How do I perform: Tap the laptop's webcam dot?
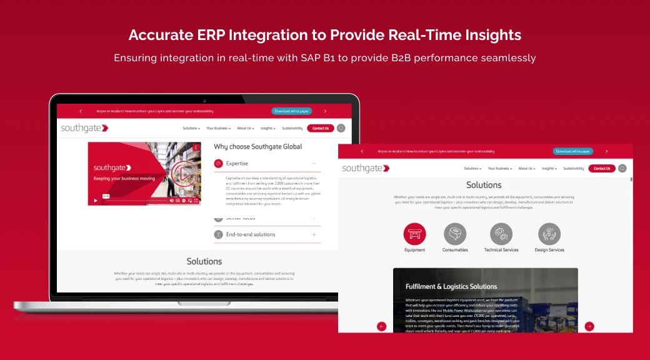[x=204, y=100]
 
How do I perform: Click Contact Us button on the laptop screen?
[x=320, y=128]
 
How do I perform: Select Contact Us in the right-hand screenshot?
[x=601, y=168]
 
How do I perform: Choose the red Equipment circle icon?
[x=414, y=234]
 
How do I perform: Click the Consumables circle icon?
[x=455, y=234]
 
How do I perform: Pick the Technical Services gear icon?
[x=501, y=234]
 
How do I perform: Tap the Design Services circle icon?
[x=549, y=234]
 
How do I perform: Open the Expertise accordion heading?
[x=237, y=164]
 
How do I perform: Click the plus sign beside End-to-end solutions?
[x=314, y=234]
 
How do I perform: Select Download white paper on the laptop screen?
[x=292, y=111]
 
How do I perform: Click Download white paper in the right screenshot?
[x=572, y=151]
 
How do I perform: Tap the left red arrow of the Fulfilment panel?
[x=382, y=326]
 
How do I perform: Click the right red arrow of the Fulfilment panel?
[x=589, y=326]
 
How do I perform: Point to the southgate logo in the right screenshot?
[x=366, y=168]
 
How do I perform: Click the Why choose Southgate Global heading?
[x=257, y=147]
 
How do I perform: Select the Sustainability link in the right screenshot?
[x=573, y=168]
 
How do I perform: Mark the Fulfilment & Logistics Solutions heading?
[x=451, y=287]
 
